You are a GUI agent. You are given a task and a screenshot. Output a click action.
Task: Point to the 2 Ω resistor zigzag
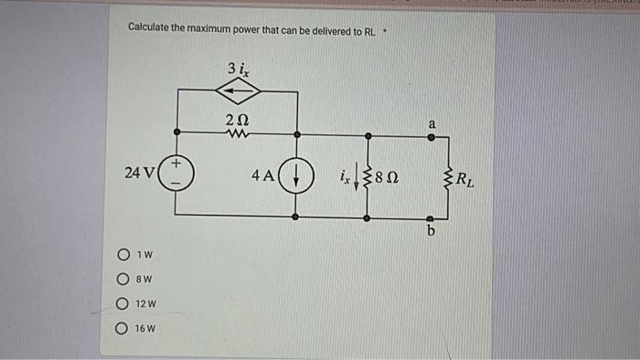[238, 136]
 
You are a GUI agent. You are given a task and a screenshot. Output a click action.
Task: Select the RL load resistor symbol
[447, 176]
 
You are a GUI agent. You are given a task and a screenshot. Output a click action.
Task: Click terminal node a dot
[432, 137]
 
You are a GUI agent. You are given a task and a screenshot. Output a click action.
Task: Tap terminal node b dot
[432, 218]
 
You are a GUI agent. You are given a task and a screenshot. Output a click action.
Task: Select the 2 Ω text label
[238, 120]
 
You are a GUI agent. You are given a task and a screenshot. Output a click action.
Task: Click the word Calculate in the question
[155, 29]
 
